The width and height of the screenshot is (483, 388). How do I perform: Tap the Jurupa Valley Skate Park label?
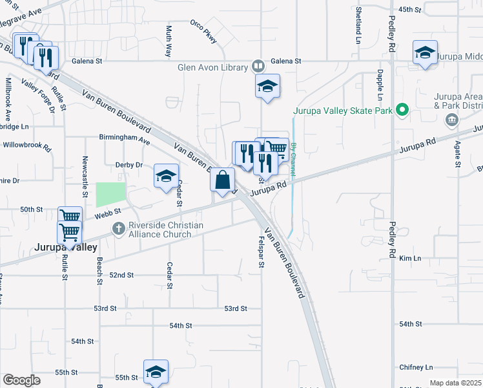coord(344,111)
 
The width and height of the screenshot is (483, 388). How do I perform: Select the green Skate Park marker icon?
coord(403,109)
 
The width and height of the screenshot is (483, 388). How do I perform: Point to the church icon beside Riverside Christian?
coord(118,228)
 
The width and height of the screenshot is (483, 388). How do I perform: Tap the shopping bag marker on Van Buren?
coord(222,180)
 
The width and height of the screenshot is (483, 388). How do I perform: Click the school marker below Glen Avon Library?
coord(267,87)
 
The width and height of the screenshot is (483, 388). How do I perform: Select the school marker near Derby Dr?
coord(166,176)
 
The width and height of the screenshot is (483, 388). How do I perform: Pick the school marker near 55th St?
coord(156,371)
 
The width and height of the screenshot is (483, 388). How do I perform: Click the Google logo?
coord(21,380)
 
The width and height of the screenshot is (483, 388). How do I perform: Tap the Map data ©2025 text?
coord(455,383)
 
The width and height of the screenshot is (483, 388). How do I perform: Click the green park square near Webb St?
coord(110,195)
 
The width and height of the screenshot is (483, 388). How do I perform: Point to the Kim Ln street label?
coord(410,258)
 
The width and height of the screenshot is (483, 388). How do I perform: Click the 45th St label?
coord(409,10)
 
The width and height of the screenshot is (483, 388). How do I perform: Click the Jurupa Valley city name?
coord(67,248)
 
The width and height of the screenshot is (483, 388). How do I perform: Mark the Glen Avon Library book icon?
coord(258,67)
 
